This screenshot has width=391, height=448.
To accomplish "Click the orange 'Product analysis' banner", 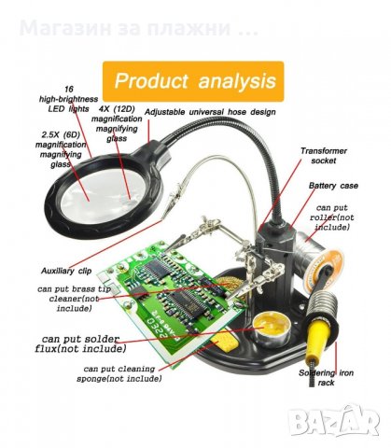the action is coord(193,81).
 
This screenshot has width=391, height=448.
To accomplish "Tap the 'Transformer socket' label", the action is coord(324,156).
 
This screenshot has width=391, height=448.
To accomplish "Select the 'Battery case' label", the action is coord(333,186).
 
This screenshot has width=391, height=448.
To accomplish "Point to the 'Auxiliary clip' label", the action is coord(66,271).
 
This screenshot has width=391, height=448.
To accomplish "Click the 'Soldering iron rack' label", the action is coord(326,377).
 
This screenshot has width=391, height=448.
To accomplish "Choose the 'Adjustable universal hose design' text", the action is coord(210,112).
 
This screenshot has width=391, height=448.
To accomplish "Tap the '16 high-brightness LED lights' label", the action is coord(68,99).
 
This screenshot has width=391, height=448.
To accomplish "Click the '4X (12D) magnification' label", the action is coord(117,123).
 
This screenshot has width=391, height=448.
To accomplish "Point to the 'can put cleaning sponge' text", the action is coord(119,373).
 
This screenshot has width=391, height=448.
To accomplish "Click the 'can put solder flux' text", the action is coord(80,343).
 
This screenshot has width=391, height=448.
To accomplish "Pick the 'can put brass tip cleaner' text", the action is coord(74,299).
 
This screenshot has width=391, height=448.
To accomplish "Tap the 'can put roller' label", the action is coord(331,217).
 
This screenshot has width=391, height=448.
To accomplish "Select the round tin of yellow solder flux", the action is coord(272,330).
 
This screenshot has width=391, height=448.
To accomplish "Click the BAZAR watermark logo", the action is coord(333,422).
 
